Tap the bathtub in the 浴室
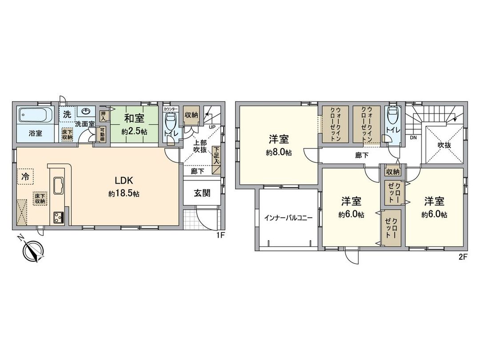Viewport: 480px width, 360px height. point(36,117)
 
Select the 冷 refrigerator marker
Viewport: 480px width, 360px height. point(25,176)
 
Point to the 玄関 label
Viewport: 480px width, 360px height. point(202,193)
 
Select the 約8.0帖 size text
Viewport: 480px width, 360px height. point(279,152)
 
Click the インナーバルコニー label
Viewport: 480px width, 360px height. point(288,218)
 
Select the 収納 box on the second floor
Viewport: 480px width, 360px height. point(392,172)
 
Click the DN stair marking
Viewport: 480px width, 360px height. point(413,138)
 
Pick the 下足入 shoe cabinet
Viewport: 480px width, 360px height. point(216,157)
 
